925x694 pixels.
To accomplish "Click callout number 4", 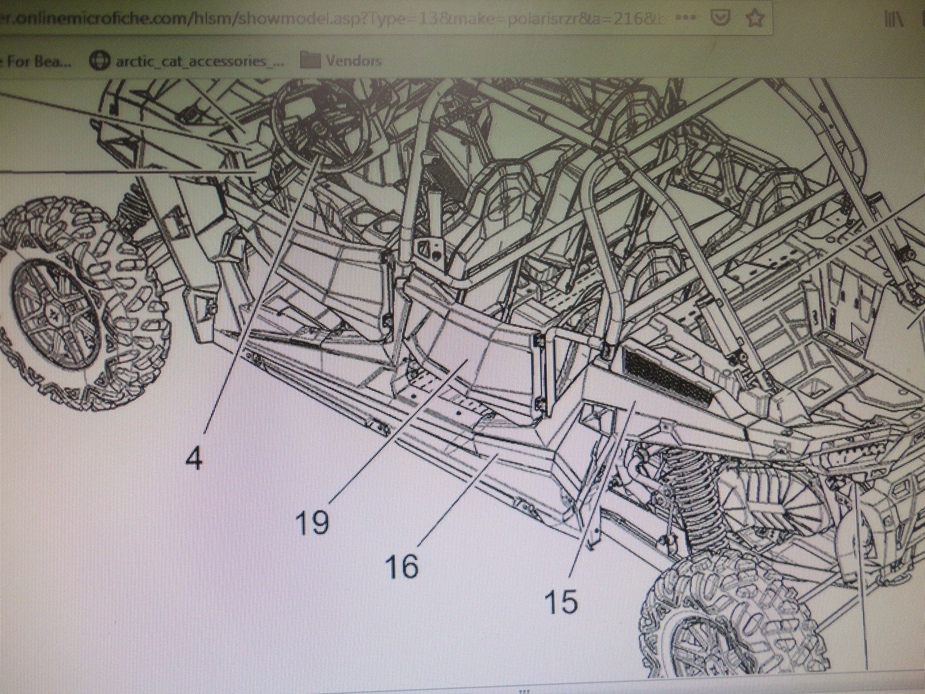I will [x=194, y=459].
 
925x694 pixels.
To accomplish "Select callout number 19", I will [x=312, y=522].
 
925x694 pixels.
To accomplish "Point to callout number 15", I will [x=561, y=602].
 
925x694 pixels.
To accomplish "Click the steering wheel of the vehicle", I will [x=318, y=130].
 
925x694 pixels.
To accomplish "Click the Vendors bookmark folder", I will [x=341, y=60].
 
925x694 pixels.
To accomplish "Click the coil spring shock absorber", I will [x=694, y=480].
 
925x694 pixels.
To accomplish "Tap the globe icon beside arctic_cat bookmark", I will [x=100, y=61].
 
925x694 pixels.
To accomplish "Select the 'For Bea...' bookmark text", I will [x=35, y=61].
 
